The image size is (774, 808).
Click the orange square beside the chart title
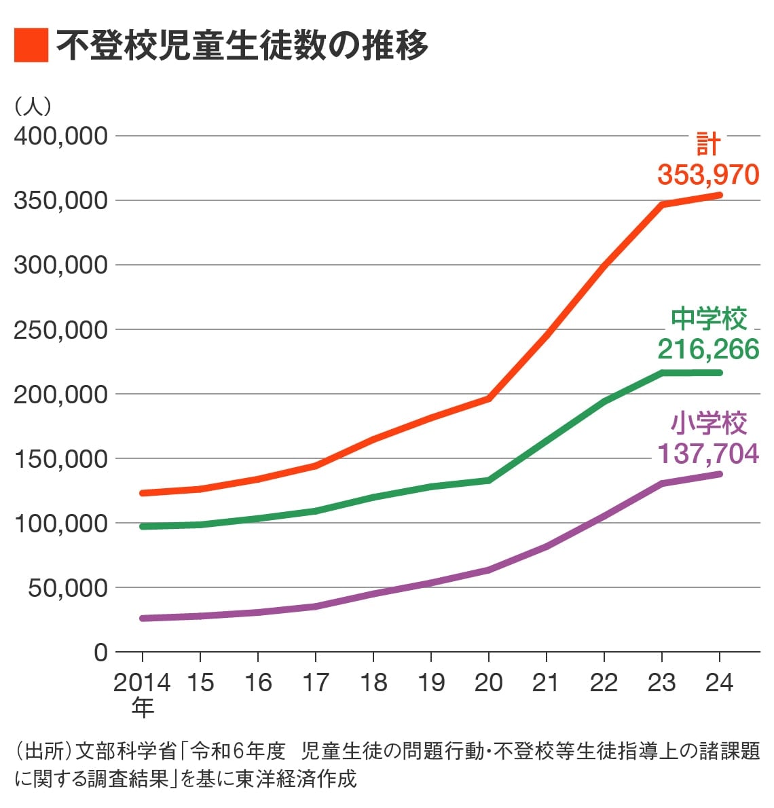pyautogui.click(x=31, y=45)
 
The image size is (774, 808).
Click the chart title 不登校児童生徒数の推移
pyautogui.click(x=242, y=45)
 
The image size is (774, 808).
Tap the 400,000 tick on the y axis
pyautogui.click(x=61, y=136)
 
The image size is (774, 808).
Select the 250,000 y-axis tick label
pyautogui.click(x=61, y=330)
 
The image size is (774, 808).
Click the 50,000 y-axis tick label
pyautogui.click(x=68, y=588)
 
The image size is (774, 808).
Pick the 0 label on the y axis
pyautogui.click(x=100, y=653)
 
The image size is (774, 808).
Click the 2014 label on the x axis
pyautogui.click(x=141, y=682)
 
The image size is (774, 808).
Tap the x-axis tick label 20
pyautogui.click(x=488, y=682)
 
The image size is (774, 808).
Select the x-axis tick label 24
pyautogui.click(x=719, y=682)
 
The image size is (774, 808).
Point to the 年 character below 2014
pyautogui.click(x=143, y=708)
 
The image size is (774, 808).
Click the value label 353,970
pyautogui.click(x=707, y=175)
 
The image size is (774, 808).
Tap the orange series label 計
pyautogui.click(x=708, y=145)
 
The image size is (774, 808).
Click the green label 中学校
pyautogui.click(x=708, y=318)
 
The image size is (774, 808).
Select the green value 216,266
pyautogui.click(x=707, y=349)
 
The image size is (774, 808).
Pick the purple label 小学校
pyautogui.click(x=708, y=423)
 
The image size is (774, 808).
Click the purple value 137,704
pyautogui.click(x=707, y=453)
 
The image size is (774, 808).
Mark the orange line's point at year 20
pyautogui.click(x=489, y=399)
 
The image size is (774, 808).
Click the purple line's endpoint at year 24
pyautogui.click(x=719, y=474)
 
